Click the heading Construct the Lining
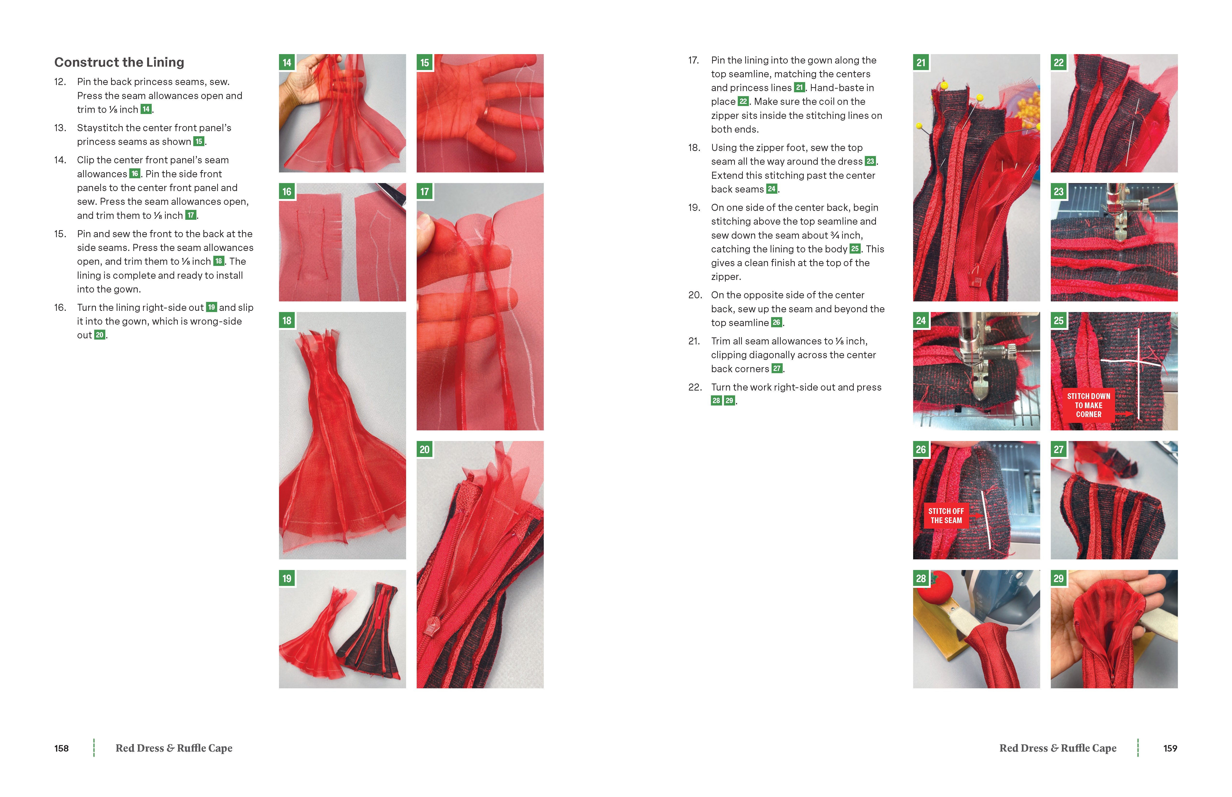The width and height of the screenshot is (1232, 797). (119, 62)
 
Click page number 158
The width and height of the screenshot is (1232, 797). (62, 748)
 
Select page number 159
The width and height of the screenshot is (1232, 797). (1170, 748)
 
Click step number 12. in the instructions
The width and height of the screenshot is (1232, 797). (60, 82)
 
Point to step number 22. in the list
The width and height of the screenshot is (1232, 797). (695, 387)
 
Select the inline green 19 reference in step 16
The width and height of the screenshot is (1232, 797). (211, 307)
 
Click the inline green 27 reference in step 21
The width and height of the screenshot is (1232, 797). (776, 369)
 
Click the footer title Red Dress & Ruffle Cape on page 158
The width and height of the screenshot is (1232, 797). (174, 748)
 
